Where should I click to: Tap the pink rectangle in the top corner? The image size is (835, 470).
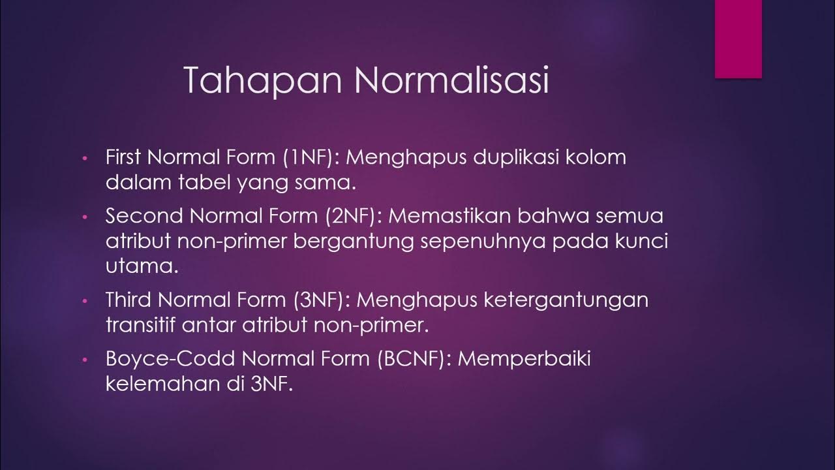tap(738, 39)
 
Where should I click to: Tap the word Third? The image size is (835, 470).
tap(128, 300)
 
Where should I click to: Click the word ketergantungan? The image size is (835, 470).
tap(558, 300)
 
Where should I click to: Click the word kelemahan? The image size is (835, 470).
tap(161, 383)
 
